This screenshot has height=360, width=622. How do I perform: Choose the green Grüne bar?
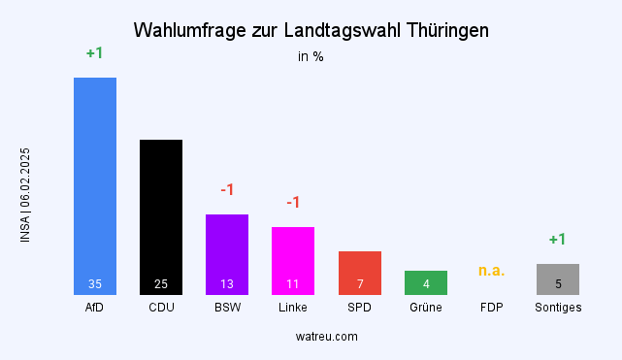425,281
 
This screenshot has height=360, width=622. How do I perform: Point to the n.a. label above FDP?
491,270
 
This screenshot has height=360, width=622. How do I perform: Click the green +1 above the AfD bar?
94,53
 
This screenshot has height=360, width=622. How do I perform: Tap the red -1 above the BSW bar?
227,189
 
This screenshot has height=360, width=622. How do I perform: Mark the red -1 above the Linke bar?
293,202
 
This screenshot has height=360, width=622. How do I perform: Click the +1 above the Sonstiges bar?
557,239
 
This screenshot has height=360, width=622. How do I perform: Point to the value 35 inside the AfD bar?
95,284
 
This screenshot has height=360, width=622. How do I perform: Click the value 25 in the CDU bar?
161,284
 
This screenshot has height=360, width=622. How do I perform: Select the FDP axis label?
491,308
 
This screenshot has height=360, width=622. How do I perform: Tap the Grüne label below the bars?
425,308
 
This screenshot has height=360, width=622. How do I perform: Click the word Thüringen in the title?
442,31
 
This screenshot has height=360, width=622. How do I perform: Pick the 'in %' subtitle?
311,56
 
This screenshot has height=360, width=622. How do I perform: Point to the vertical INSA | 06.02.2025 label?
25,195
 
